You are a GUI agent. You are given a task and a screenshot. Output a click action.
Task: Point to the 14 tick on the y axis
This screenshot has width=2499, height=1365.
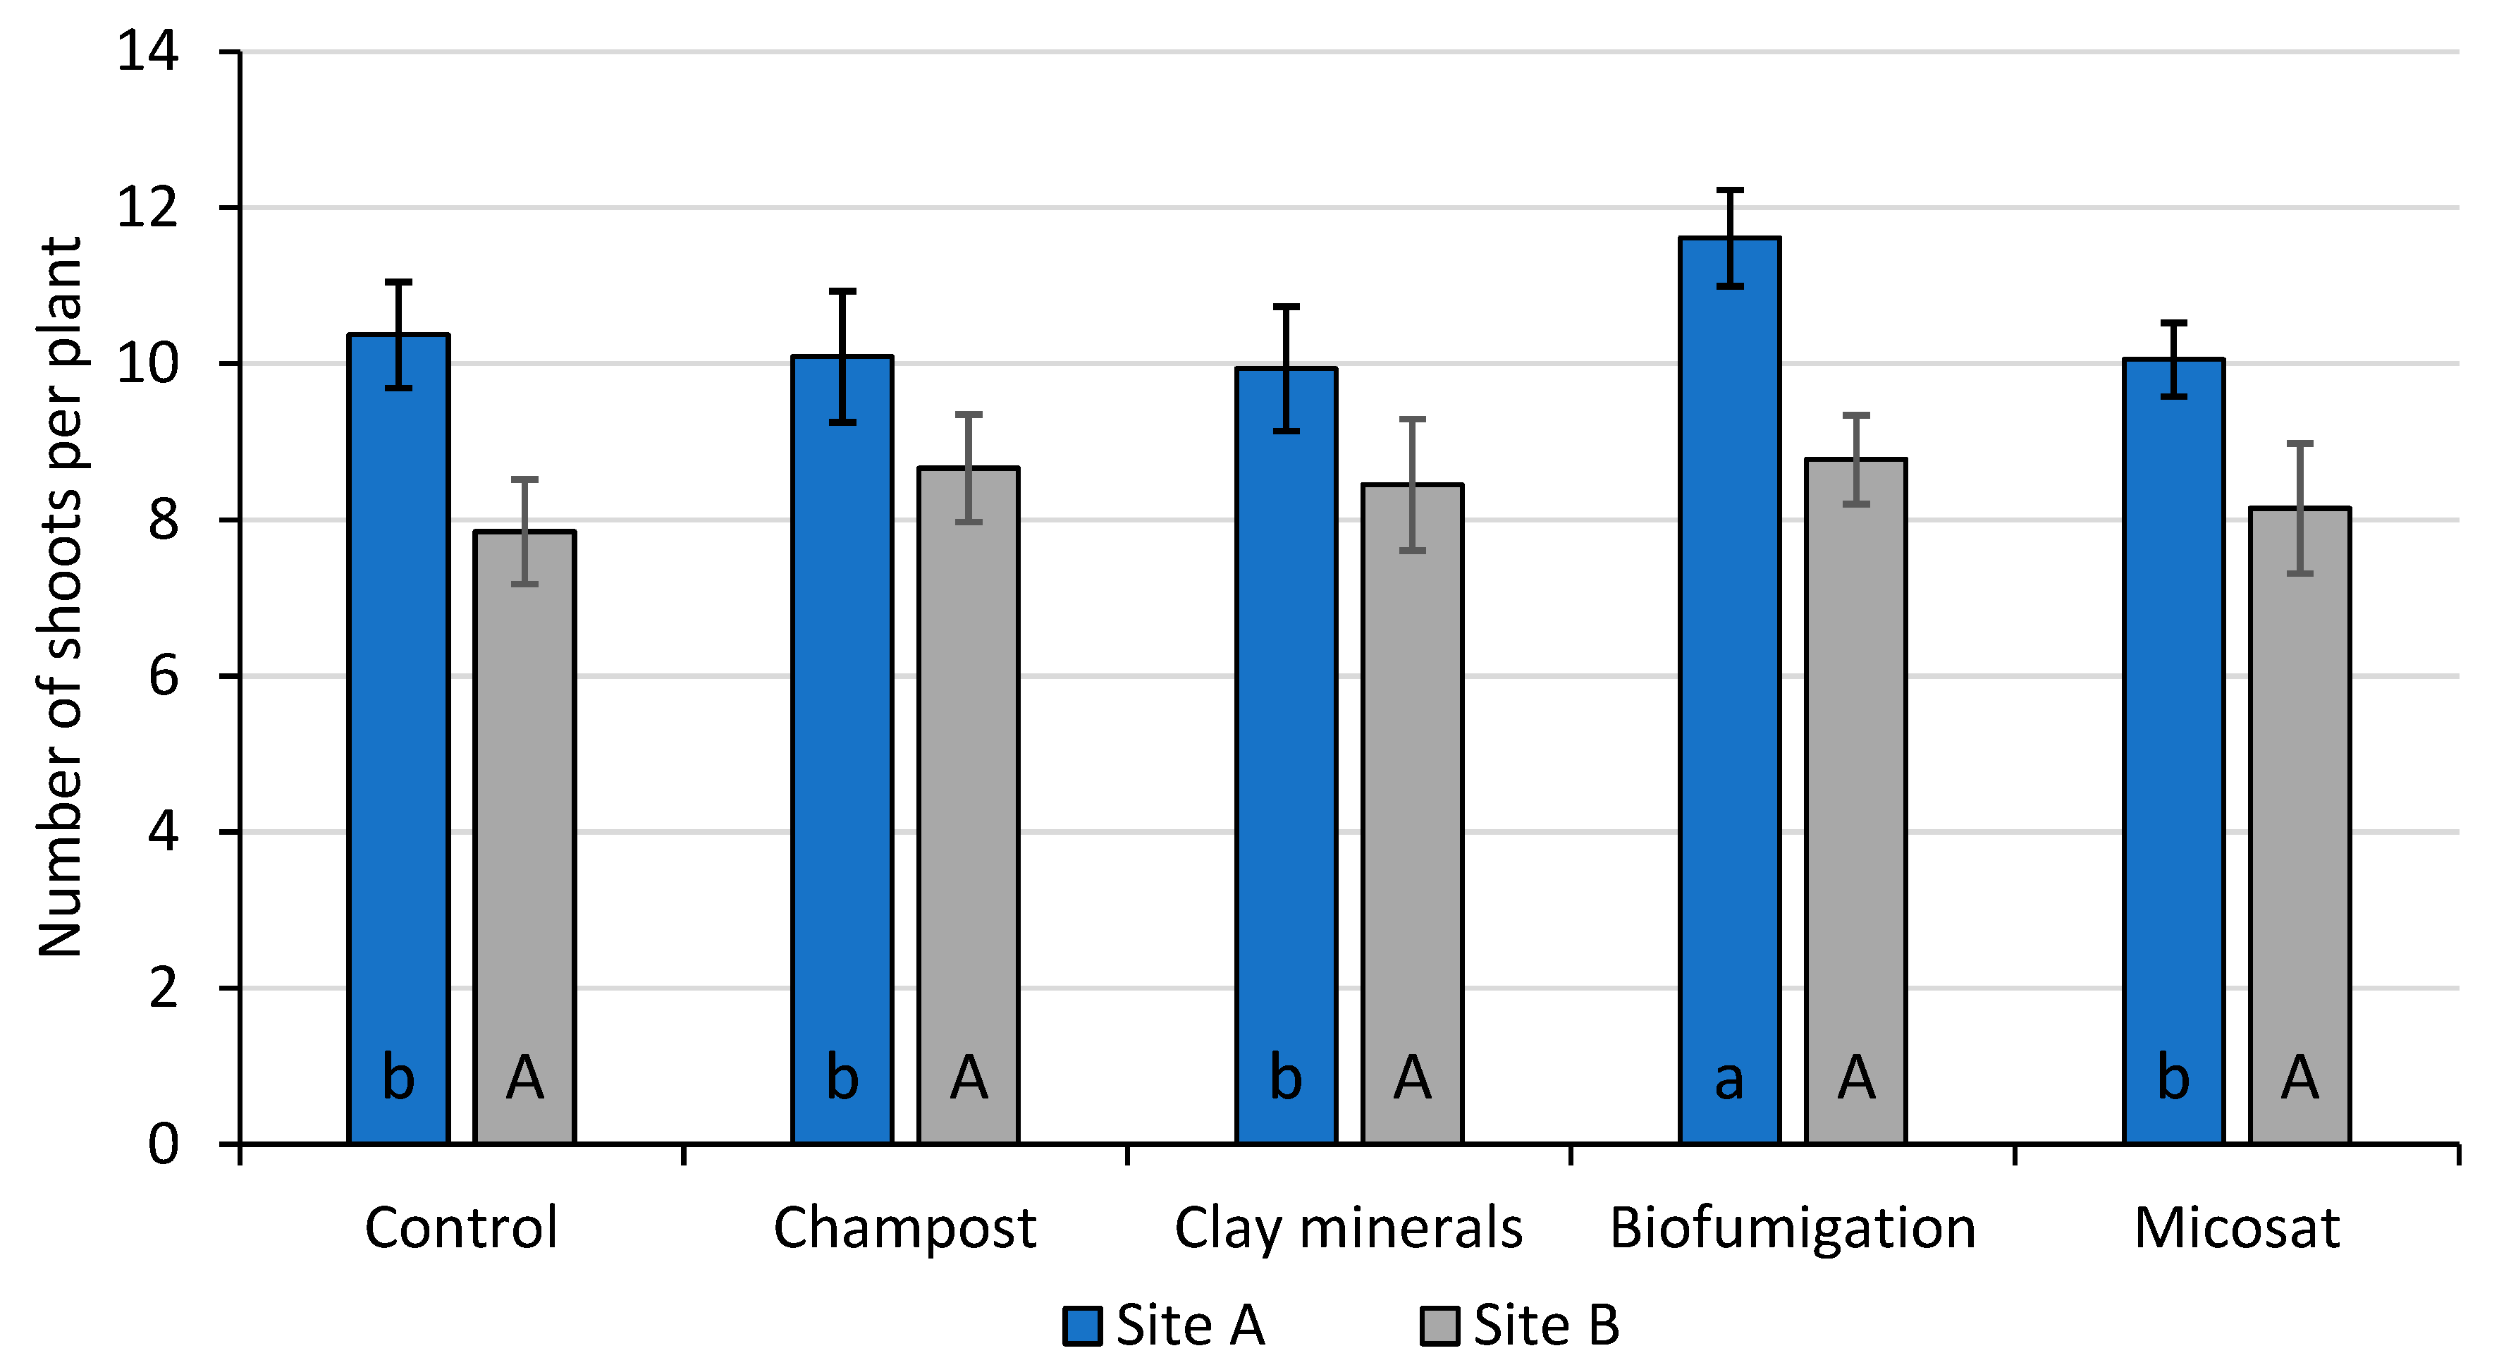click(x=147, y=51)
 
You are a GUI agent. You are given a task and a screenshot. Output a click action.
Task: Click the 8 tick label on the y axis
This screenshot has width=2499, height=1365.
click(x=163, y=520)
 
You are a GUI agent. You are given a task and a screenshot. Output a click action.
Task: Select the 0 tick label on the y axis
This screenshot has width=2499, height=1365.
click(x=163, y=1145)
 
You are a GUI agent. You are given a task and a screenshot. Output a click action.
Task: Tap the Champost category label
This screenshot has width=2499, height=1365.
click(x=904, y=1228)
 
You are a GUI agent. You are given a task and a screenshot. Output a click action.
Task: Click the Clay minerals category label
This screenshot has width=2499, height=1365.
click(x=1349, y=1228)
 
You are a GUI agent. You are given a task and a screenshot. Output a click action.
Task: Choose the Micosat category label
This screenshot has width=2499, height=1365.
click(x=2237, y=1228)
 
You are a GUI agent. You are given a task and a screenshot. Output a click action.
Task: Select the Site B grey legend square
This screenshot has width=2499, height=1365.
click(x=1439, y=1326)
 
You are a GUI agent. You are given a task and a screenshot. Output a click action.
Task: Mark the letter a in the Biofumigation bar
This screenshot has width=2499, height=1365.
click(x=1730, y=1079)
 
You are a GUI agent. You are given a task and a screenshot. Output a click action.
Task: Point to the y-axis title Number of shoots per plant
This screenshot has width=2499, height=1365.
click(x=60, y=596)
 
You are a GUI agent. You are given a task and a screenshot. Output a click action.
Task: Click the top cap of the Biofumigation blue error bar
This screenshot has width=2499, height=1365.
click(x=1730, y=190)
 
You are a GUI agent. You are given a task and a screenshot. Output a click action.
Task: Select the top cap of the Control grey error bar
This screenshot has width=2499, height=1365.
click(x=525, y=479)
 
